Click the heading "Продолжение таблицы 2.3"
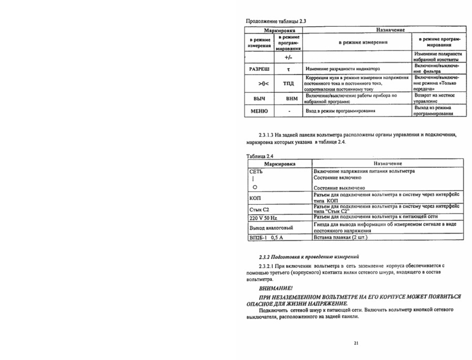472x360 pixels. coord(276,22)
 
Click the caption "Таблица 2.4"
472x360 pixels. coord(260,156)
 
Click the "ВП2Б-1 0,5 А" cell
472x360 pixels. coord(265,238)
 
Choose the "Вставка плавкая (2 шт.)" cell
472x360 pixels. coord(340,238)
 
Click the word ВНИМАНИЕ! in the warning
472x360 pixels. coord(275,288)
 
